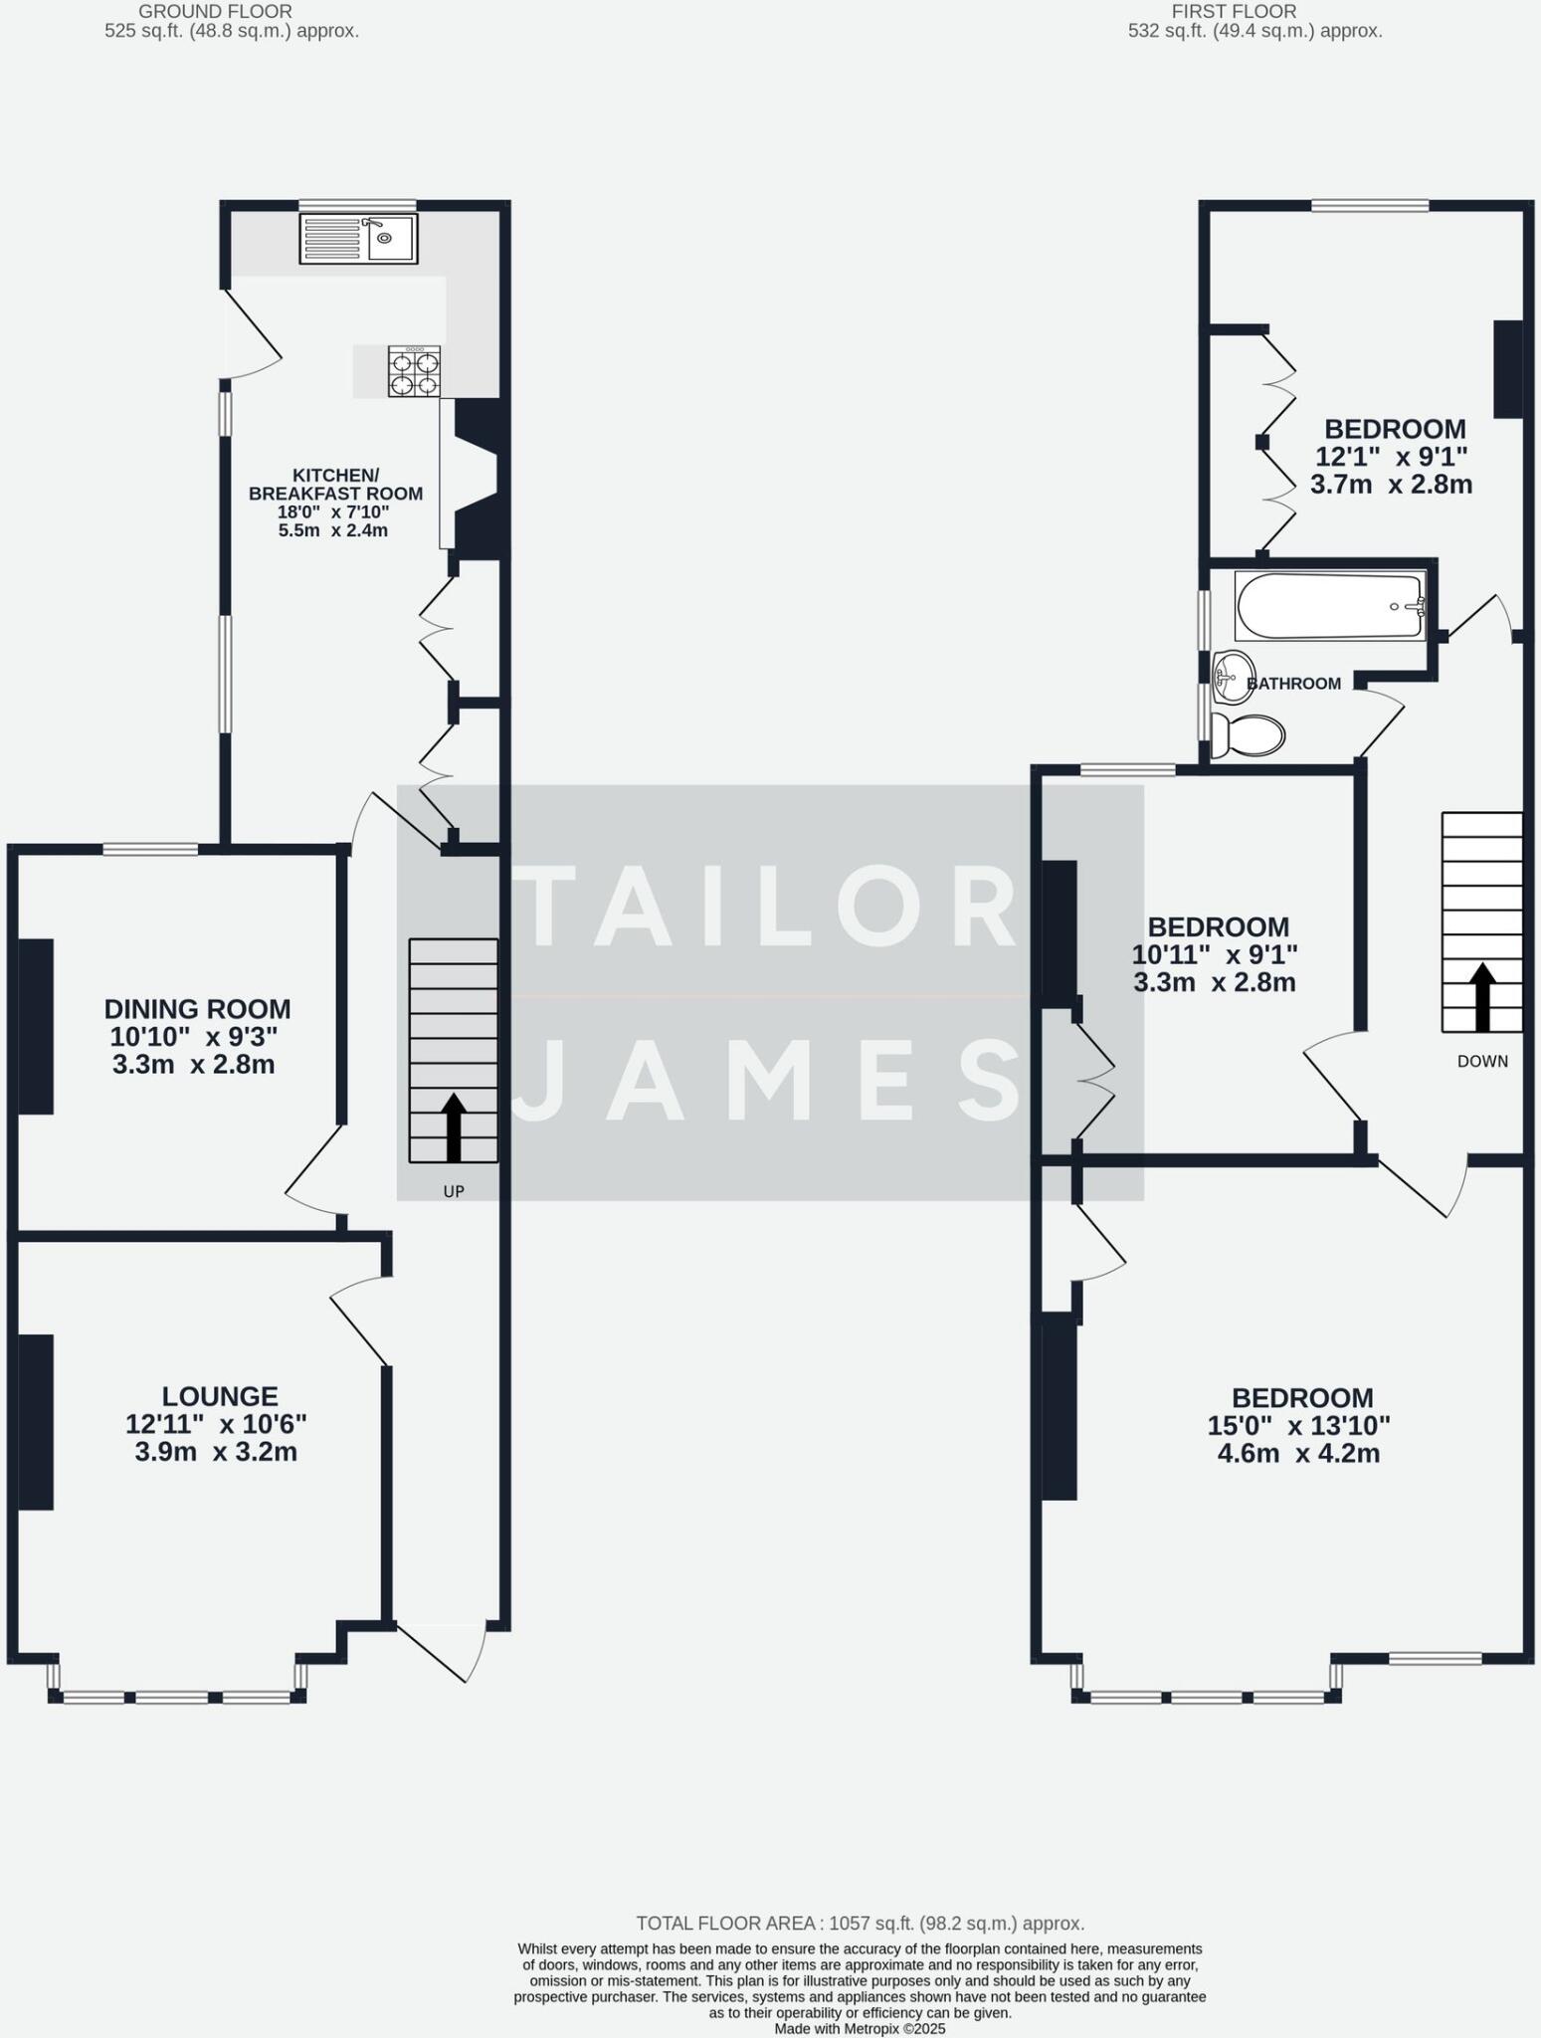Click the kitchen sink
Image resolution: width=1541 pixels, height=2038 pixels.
tap(358, 239)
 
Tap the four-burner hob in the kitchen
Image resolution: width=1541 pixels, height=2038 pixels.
tap(414, 372)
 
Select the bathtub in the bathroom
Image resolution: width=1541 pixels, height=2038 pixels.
tap(1329, 605)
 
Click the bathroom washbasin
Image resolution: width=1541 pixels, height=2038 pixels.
tap(1235, 675)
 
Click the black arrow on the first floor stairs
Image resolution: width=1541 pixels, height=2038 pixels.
tap(1482, 996)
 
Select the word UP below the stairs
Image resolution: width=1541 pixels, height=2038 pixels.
tap(454, 1191)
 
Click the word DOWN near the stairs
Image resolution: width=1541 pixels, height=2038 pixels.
tap(1482, 1062)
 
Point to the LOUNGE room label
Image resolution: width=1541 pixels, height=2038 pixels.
tap(220, 1397)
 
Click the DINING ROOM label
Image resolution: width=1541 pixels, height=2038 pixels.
tap(198, 1009)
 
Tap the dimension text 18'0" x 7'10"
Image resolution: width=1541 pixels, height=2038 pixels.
tap(333, 512)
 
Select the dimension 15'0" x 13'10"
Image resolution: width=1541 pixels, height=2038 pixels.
tap(1299, 1426)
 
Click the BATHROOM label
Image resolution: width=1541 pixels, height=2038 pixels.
tap(1293, 684)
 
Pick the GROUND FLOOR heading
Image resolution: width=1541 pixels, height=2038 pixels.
tap(215, 12)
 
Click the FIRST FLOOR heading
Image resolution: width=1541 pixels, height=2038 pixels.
tap(1234, 12)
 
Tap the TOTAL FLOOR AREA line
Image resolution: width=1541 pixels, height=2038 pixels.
tap(860, 1924)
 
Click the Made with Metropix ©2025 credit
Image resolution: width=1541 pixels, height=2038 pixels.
tap(860, 2028)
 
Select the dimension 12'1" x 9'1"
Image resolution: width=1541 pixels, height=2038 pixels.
tap(1392, 458)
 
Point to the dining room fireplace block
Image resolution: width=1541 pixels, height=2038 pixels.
tap(36, 1026)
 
